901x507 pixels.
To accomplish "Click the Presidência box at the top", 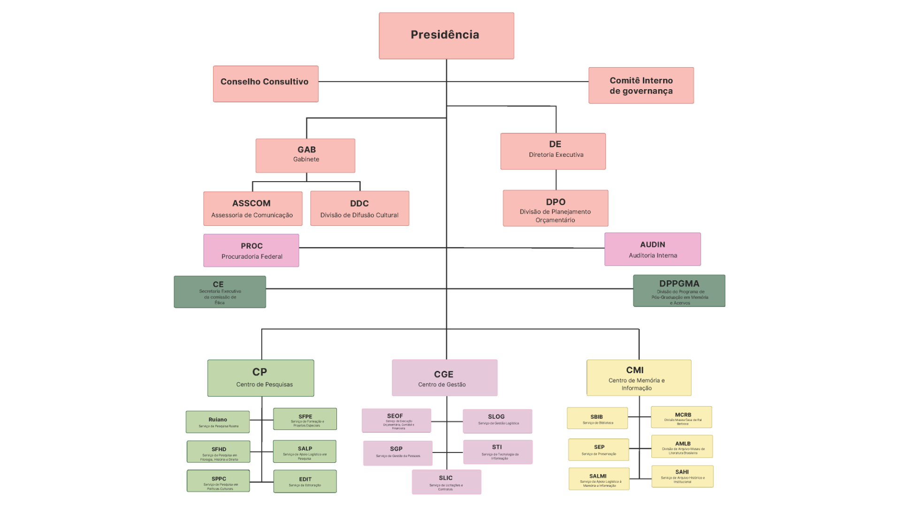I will [446, 36].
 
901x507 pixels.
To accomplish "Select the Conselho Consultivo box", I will [266, 84].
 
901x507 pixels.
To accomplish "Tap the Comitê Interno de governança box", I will [641, 85].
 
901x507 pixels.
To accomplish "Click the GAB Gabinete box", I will [305, 155].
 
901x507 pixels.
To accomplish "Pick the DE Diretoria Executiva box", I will [553, 151].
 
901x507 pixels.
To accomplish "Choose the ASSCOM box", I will [253, 208].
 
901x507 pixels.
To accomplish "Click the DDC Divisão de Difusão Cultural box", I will [359, 208].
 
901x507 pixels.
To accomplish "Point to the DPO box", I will [556, 208].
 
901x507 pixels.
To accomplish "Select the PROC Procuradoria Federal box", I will [251, 250].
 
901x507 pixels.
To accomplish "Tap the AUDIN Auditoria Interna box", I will [652, 249].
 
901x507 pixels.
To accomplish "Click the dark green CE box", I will [220, 292].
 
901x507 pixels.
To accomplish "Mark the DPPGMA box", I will [679, 291].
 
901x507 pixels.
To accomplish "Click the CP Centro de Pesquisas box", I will [260, 378].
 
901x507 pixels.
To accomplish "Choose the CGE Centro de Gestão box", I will [444, 378].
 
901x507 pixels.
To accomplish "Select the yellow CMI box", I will [639, 378].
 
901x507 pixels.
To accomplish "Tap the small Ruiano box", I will [218, 422].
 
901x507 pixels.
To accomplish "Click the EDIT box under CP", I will [305, 481].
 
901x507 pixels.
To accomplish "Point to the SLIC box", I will [446, 482].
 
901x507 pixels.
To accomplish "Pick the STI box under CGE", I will [497, 452].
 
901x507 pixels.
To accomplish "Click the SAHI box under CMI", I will [682, 476].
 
